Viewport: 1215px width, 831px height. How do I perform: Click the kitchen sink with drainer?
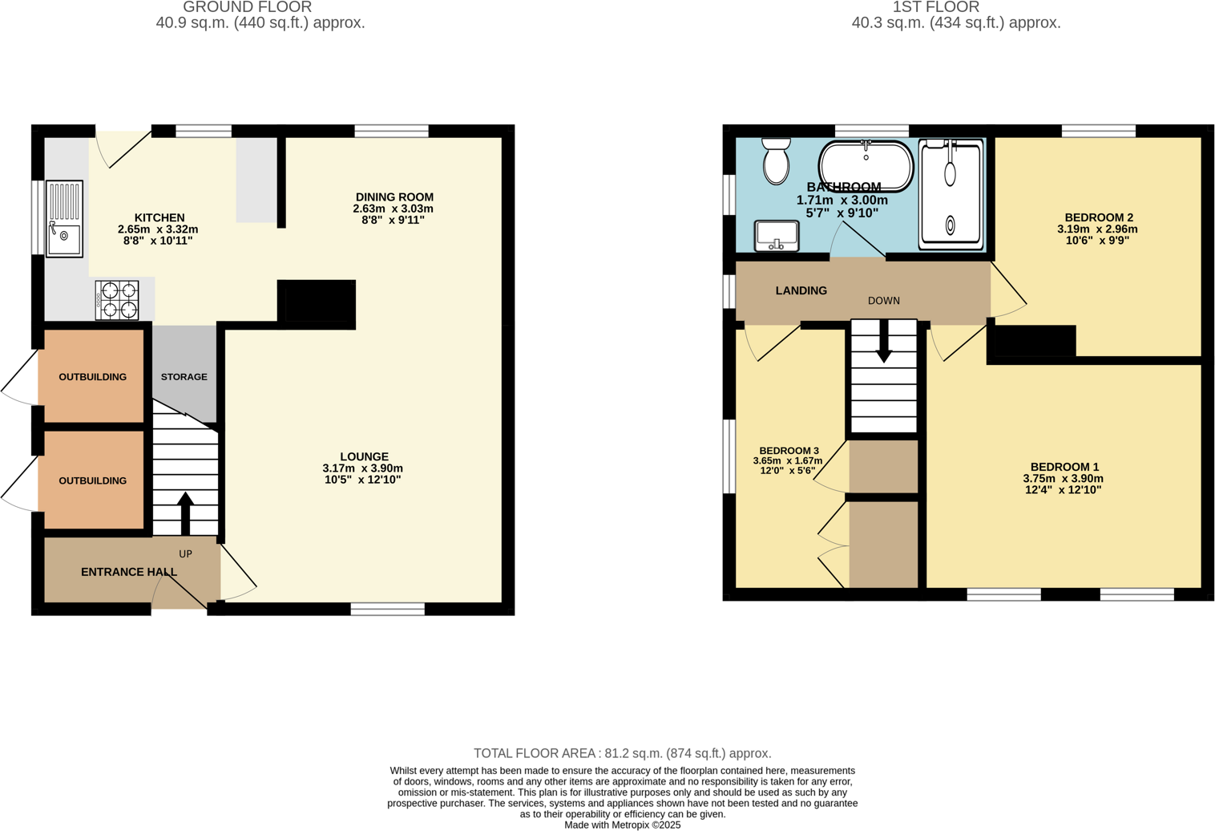(64, 219)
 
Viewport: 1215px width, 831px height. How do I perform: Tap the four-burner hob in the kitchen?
(117, 300)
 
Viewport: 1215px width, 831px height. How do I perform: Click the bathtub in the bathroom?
(866, 166)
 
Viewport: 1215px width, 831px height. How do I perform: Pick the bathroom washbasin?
(777, 236)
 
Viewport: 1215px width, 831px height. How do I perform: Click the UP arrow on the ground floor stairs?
(185, 513)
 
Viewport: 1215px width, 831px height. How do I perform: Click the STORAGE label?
(184, 377)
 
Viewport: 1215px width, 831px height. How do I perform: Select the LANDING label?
(801, 291)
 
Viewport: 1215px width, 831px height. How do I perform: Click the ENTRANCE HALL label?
(129, 572)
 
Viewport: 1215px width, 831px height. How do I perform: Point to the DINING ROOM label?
(394, 197)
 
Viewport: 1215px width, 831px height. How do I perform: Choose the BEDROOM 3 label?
(789, 451)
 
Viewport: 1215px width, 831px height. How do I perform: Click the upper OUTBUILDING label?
(92, 377)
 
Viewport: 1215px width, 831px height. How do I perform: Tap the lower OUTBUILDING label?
(92, 481)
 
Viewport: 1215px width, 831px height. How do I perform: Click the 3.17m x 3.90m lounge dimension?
(362, 468)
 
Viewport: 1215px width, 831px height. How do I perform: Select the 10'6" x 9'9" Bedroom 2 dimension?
(1096, 240)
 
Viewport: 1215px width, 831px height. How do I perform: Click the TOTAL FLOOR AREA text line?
(622, 753)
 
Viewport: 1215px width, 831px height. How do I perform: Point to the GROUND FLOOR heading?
(247, 7)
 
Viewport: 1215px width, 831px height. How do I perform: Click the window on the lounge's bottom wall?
(387, 610)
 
